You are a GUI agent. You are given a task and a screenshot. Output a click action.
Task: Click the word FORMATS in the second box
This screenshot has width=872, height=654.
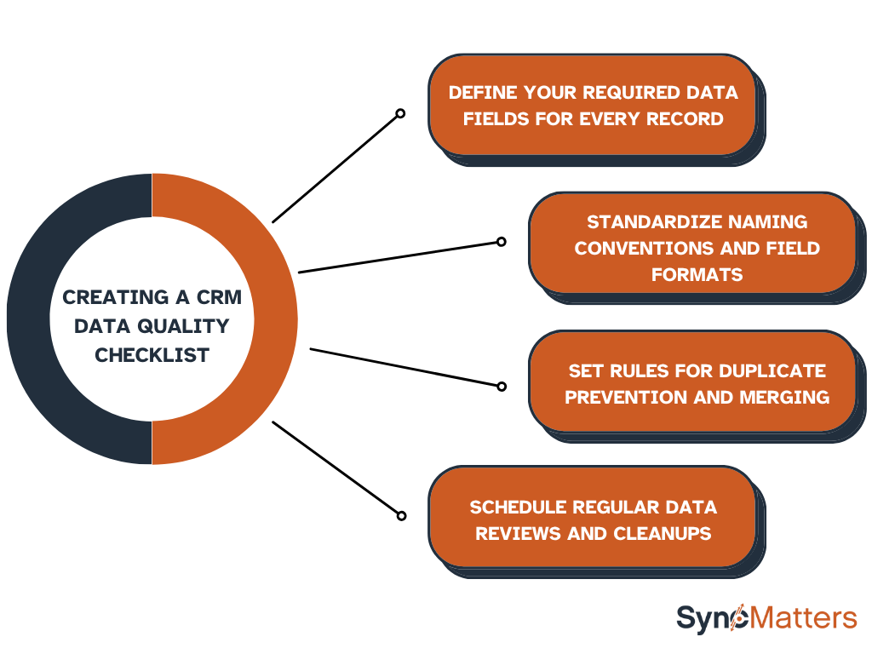pyautogui.click(x=697, y=274)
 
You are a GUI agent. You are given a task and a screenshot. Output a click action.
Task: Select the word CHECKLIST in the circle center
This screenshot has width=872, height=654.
pyautogui.click(x=152, y=355)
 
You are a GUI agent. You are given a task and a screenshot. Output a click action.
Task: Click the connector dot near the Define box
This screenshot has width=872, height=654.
pyautogui.click(x=400, y=113)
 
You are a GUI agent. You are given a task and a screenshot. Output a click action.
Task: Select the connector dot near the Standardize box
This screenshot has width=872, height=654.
pyautogui.click(x=502, y=241)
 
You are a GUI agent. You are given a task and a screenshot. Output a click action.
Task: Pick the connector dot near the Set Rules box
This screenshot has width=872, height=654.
pyautogui.click(x=502, y=386)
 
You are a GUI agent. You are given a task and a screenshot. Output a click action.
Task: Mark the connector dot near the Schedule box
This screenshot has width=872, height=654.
pyautogui.click(x=400, y=515)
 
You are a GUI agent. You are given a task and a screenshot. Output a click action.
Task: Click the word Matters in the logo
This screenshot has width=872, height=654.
pyautogui.click(x=803, y=617)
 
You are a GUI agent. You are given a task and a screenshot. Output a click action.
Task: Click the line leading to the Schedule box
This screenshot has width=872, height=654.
pyautogui.click(x=336, y=468)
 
